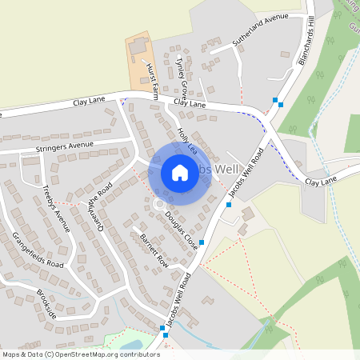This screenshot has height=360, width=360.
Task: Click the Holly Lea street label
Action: point(186,138)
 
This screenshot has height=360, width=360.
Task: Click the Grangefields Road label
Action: point(38,249)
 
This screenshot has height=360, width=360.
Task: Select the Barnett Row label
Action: point(154,250)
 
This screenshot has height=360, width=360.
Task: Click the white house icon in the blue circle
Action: point(180,172)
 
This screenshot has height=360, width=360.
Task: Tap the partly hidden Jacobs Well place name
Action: point(218,170)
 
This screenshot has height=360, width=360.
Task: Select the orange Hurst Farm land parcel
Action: point(141,60)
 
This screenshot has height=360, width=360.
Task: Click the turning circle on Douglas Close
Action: point(158,206)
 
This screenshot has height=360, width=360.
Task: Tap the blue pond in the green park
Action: point(133,345)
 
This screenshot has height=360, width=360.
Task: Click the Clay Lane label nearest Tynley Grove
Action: point(190,103)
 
